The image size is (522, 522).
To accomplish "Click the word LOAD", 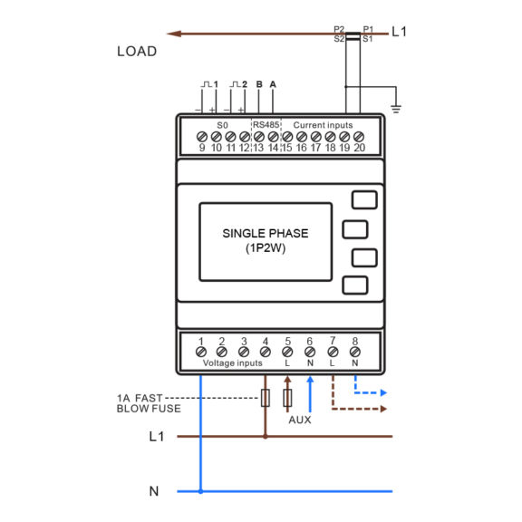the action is coord(137,52).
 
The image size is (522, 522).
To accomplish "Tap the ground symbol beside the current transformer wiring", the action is coord(396,109).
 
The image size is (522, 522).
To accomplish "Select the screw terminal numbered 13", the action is coord(259,137).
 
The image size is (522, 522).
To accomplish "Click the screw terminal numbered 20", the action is coord(359,137).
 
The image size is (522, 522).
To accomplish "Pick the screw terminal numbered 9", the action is coord(202,137).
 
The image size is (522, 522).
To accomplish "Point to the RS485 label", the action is coord(266,125).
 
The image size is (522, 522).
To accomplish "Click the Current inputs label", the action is coord(323,125).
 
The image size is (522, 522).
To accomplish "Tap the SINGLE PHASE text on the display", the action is coord(266,234).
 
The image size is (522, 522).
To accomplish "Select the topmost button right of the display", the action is coord(364,199).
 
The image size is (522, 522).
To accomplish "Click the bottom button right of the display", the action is coord(355,285).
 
